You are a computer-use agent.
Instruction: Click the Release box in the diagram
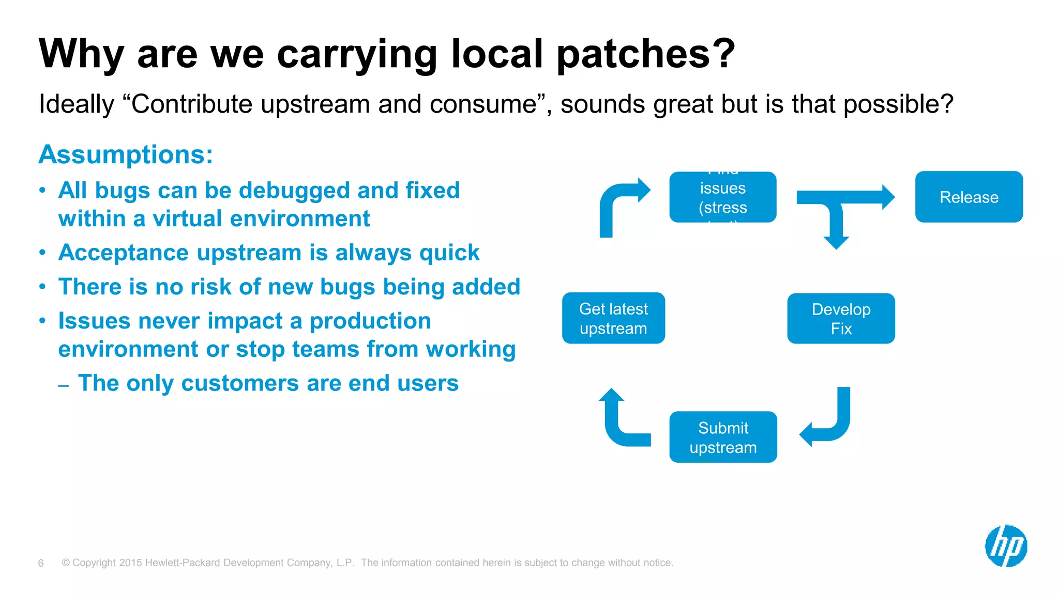pyautogui.click(x=969, y=197)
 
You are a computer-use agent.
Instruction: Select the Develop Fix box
pyautogui.click(x=841, y=319)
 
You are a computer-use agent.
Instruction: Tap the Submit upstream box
pyautogui.click(x=723, y=437)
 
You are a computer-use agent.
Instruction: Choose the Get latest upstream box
pyautogui.click(x=613, y=318)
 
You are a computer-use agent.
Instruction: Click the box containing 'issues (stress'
pyautogui.click(x=722, y=197)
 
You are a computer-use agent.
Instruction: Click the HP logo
pyautogui.click(x=1006, y=546)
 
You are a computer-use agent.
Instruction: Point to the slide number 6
pyautogui.click(x=41, y=563)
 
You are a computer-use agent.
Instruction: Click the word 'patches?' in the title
pyautogui.click(x=645, y=53)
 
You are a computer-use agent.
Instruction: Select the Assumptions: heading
pyautogui.click(x=126, y=154)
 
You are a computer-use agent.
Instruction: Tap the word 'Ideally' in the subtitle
pyautogui.click(x=76, y=104)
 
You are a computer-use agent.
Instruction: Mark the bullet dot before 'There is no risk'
pyautogui.click(x=43, y=287)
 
